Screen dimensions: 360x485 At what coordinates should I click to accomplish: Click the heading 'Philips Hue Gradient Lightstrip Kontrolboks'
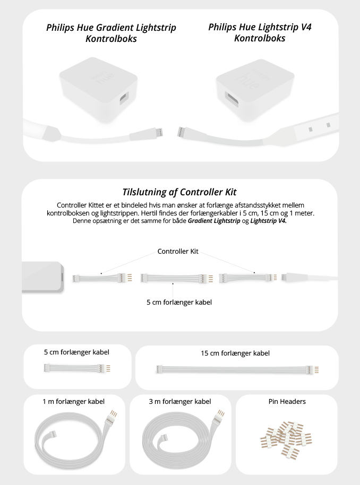(111, 33)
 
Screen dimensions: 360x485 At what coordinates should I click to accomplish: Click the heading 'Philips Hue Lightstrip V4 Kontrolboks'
(260, 32)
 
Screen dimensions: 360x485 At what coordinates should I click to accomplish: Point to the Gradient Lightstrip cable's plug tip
(160, 132)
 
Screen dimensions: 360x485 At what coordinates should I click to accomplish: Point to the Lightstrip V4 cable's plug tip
(181, 132)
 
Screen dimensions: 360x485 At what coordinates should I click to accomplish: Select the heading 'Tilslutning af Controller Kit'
(179, 192)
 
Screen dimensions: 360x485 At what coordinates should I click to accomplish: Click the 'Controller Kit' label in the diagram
(178, 252)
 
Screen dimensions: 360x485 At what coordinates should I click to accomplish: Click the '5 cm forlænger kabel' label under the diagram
(179, 302)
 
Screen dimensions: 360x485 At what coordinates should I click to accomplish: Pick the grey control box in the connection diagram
(42, 276)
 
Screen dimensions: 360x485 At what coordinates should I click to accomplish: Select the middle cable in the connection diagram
(177, 279)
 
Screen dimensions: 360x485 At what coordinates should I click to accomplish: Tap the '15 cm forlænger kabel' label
(235, 353)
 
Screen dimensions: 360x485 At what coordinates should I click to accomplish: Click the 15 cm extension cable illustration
(237, 369)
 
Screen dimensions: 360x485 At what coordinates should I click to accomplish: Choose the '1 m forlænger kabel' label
(74, 402)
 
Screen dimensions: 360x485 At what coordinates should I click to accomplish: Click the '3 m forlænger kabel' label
(180, 402)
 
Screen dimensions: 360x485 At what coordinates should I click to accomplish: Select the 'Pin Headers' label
(287, 402)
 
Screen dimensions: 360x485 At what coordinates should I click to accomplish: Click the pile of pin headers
(286, 439)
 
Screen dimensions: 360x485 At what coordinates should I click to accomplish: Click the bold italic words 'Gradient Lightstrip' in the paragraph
(214, 221)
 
